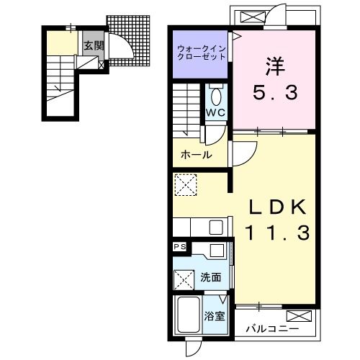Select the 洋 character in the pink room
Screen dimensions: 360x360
[272, 66]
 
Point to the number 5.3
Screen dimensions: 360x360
[272, 92]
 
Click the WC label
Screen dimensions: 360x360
[216, 112]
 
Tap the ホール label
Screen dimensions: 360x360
[195, 155]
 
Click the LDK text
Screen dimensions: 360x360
[278, 207]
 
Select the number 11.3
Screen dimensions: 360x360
[278, 233]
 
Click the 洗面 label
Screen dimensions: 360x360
[210, 277]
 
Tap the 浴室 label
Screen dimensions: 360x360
[213, 315]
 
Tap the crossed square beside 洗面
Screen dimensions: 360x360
[184, 278]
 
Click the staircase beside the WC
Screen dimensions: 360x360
[188, 109]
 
